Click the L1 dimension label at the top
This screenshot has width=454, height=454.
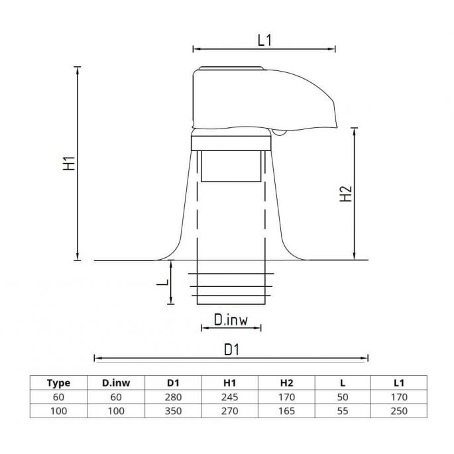pyautogui.click(x=264, y=39)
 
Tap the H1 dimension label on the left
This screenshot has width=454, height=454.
pyautogui.click(x=69, y=164)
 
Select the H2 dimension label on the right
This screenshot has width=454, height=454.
pyautogui.click(x=345, y=194)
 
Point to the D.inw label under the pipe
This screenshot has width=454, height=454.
pyautogui.click(x=231, y=321)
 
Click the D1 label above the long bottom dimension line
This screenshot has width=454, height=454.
pyautogui.click(x=231, y=349)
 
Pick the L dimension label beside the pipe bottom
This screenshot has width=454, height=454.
pyautogui.click(x=161, y=282)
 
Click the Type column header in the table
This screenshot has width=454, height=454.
pyautogui.click(x=59, y=382)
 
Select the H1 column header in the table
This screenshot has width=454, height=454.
pyautogui.click(x=229, y=382)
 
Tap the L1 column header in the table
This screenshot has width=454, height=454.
pyautogui.click(x=399, y=382)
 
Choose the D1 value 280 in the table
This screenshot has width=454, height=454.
pyautogui.click(x=172, y=396)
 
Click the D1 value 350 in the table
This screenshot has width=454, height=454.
pyautogui.click(x=172, y=411)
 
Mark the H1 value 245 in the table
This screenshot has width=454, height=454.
pyautogui.click(x=229, y=396)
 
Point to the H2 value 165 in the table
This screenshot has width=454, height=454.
pyautogui.click(x=286, y=411)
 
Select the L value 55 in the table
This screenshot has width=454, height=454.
pyautogui.click(x=343, y=411)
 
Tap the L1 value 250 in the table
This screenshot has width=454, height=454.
pyautogui.click(x=399, y=411)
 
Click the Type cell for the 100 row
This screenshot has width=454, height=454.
pyautogui.click(x=59, y=411)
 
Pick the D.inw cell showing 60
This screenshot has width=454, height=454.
pyautogui.click(x=115, y=396)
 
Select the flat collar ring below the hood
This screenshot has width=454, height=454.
pyautogui.click(x=231, y=142)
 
